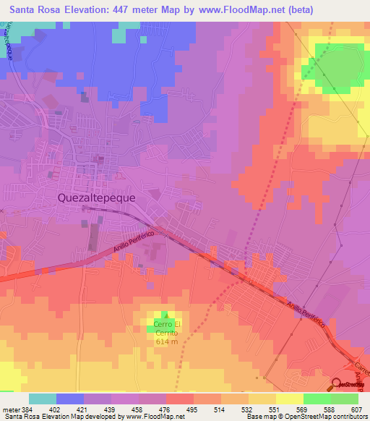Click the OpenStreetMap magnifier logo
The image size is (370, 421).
337,383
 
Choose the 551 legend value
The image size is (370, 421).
274,409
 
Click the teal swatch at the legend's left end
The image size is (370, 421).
42,399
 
